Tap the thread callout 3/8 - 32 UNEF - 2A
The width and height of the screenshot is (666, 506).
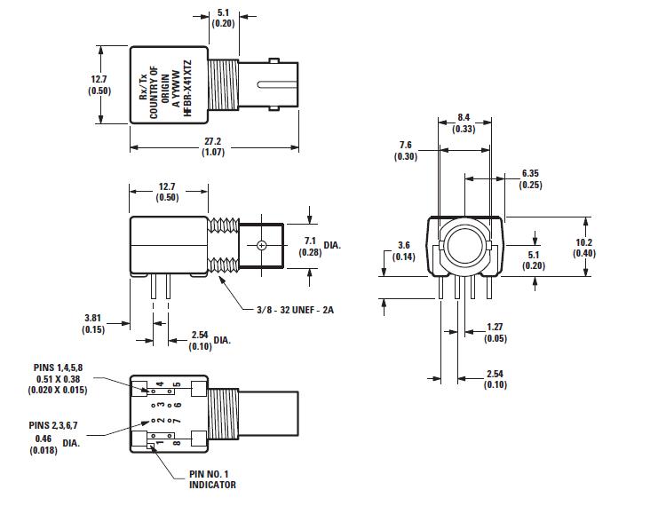[286, 309]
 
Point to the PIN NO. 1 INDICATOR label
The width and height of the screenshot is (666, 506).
[213, 480]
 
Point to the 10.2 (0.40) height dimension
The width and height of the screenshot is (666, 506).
[609, 248]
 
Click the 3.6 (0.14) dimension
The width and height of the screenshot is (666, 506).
[403, 250]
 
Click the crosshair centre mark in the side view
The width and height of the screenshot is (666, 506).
[261, 245]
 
